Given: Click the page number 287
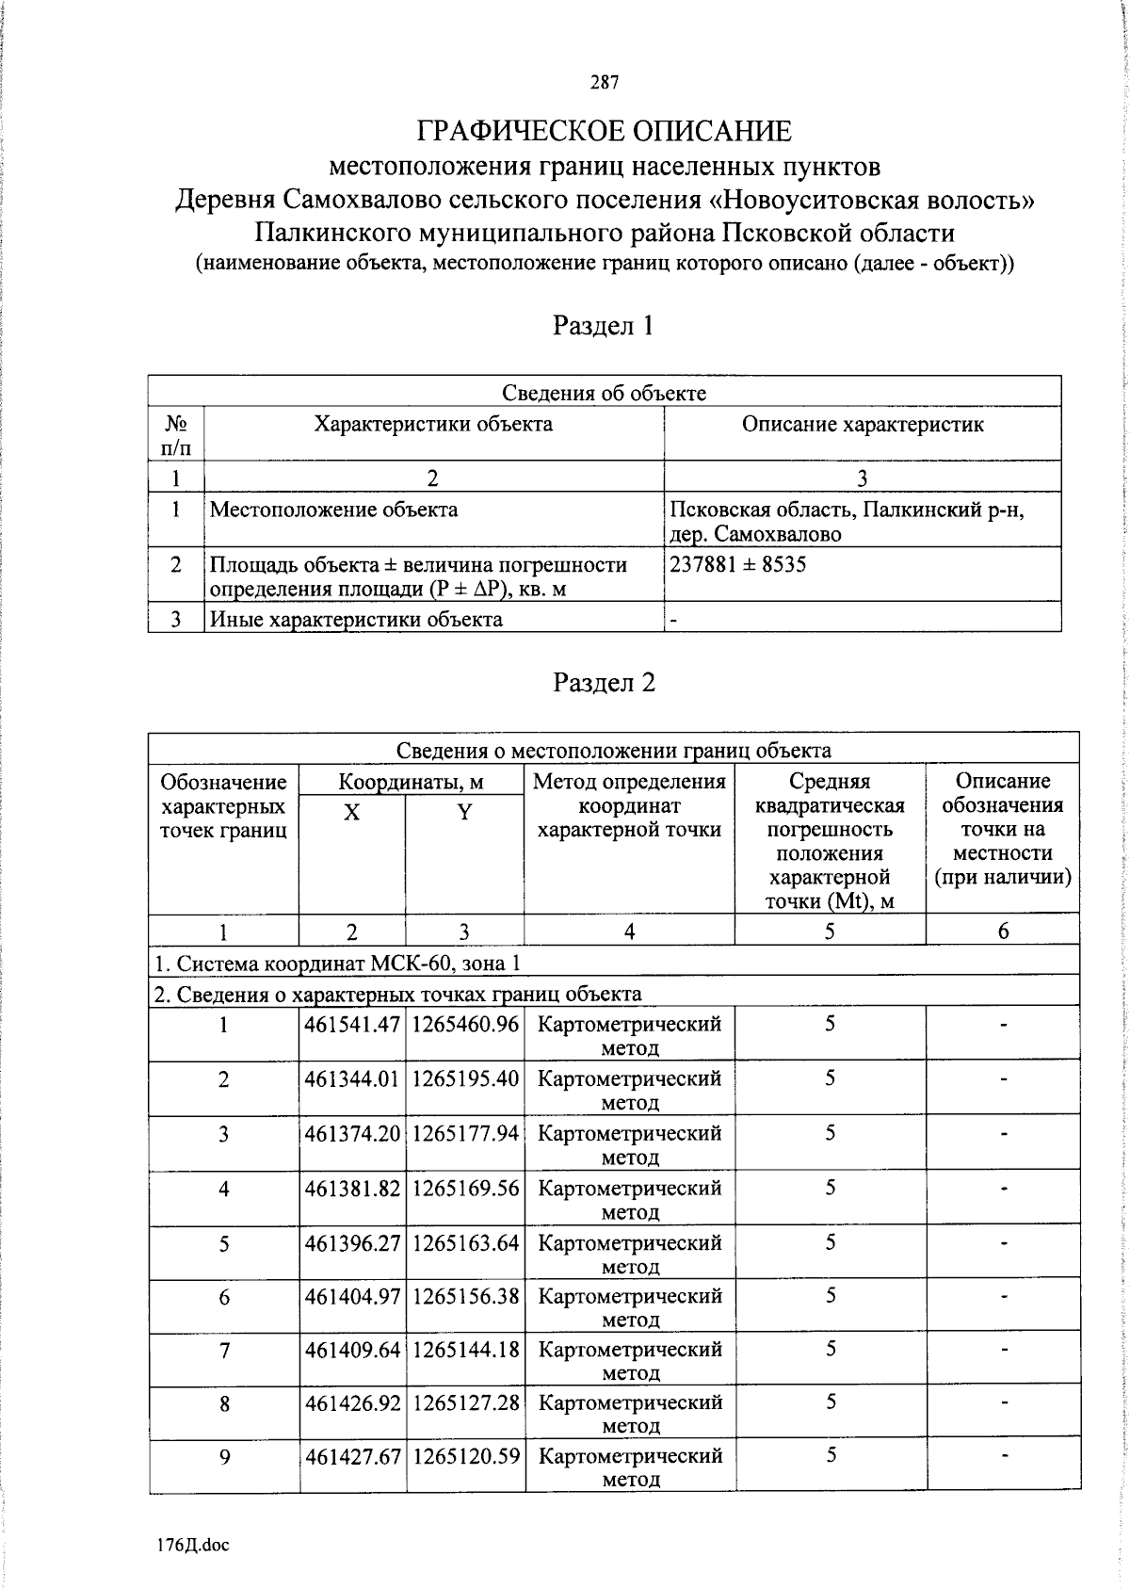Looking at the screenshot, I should pos(605,83).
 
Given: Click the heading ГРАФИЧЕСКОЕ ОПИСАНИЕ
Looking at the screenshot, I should pos(605,131).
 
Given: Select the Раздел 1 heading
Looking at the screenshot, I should pos(604,326).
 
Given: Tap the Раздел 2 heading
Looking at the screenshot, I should pos(604,682).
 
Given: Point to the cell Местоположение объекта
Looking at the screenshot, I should pos(333,510).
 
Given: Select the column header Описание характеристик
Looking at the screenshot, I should pos(862,424).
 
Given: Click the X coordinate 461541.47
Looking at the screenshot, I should pos(352,1024).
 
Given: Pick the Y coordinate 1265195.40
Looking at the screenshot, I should pos(465,1078).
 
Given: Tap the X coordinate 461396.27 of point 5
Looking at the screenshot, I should pos(352,1242).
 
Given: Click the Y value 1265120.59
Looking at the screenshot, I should pos(465,1455).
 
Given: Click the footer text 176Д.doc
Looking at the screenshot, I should pos(193,1545).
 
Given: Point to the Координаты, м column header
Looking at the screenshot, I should pos(411,781).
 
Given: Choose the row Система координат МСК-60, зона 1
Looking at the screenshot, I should pos(337,963).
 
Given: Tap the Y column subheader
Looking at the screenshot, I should pos(464,812).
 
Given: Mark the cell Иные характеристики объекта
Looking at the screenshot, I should pos(356,619).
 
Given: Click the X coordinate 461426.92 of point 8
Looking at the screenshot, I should pos(352,1402).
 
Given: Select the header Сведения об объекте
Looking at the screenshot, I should pos(604,393).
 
